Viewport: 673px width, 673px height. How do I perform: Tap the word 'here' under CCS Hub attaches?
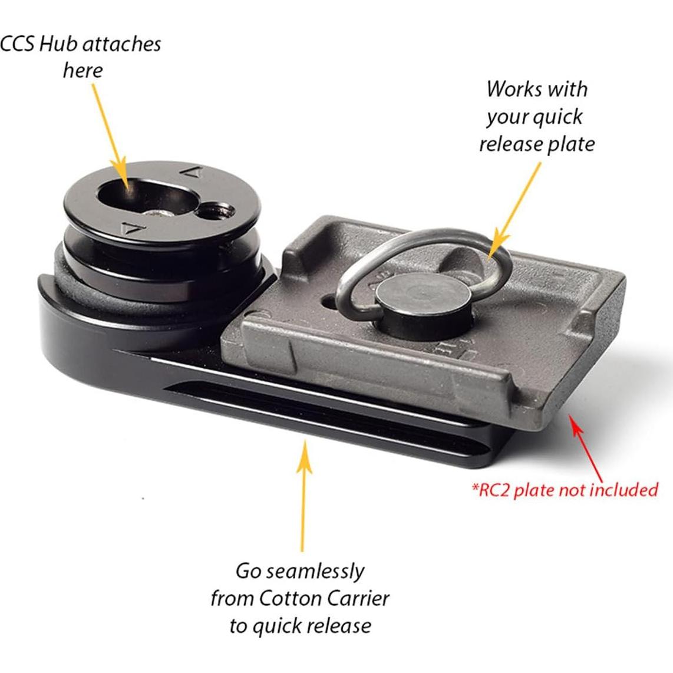pyautogui.click(x=83, y=71)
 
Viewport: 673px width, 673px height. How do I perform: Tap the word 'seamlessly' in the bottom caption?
pyautogui.click(x=316, y=571)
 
